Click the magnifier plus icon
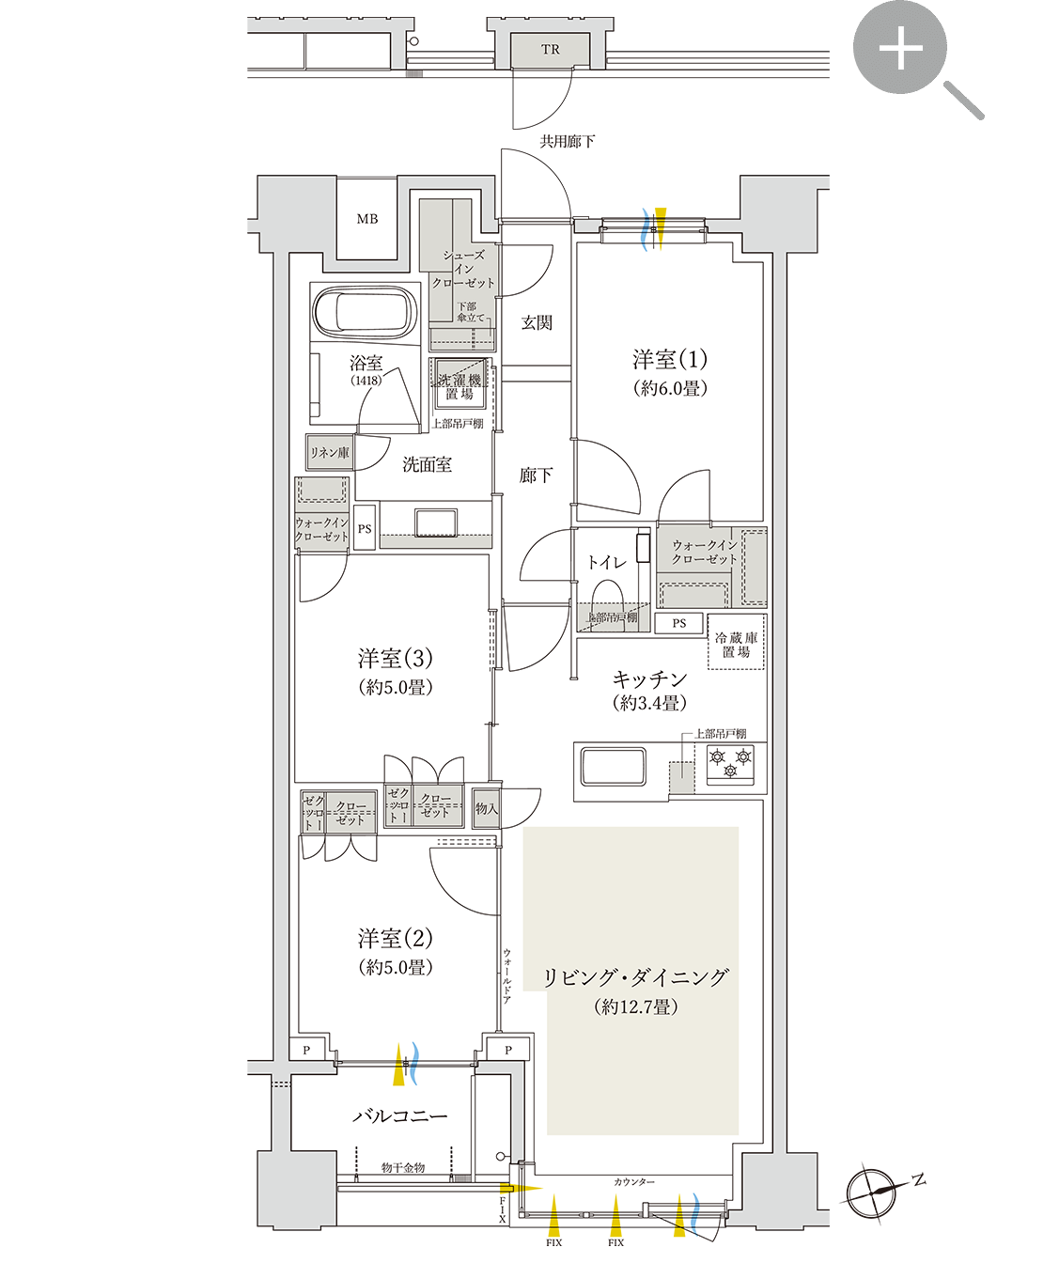900,48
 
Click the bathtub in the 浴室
365,314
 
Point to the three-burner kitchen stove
731,763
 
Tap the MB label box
366,219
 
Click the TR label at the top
550,50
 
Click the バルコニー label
400,1116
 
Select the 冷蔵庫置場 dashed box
736,644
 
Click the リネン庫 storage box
329,453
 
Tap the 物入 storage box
486,808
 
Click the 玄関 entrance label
537,322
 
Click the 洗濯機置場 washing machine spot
459,385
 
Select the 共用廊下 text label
567,141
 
